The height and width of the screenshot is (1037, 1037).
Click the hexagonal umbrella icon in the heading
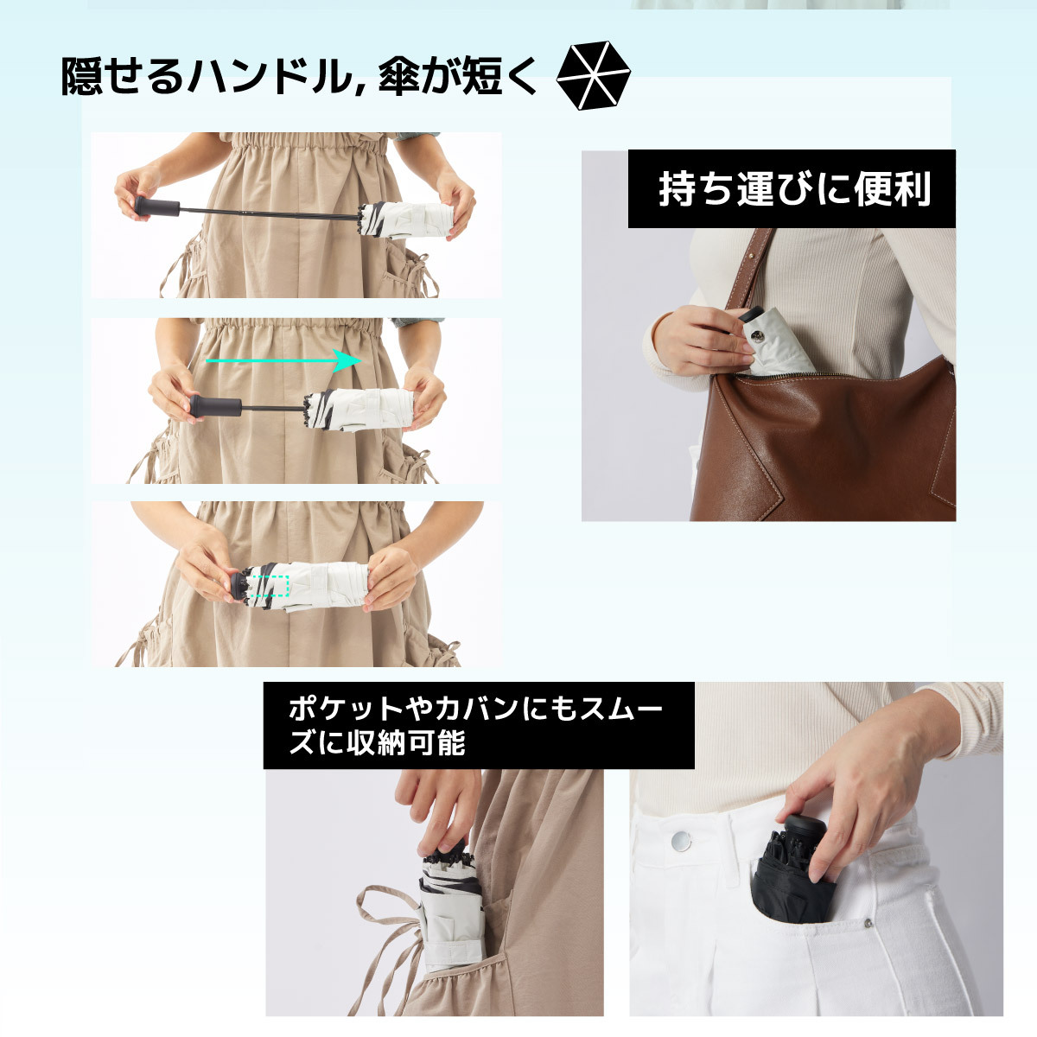coord(593,76)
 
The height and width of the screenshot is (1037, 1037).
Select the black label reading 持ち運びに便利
coord(792,189)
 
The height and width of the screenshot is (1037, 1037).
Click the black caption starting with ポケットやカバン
coord(478,726)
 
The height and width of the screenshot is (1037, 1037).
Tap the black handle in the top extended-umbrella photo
coord(156,207)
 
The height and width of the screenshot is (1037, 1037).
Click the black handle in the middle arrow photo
coord(215,406)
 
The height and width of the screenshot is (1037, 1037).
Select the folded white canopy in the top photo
coord(406,219)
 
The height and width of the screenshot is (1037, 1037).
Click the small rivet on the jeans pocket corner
coord(868,924)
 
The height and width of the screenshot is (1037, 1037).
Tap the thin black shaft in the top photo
coord(268,213)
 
